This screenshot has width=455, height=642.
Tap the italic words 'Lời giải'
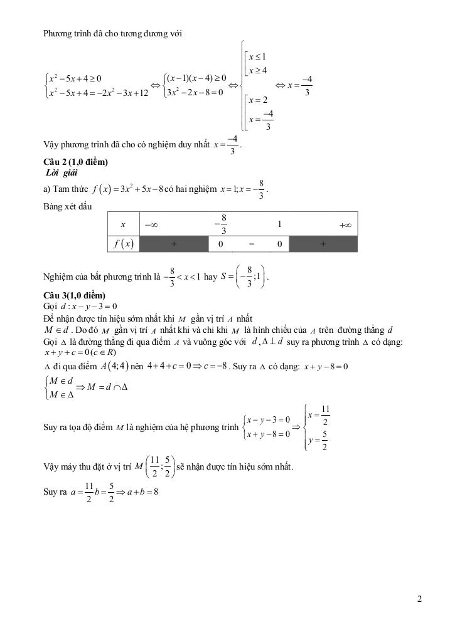[62, 172]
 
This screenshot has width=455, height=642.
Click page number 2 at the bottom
[419, 599]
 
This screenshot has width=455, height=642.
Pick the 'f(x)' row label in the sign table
[123, 244]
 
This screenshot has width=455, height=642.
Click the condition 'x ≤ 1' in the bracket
[258, 57]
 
